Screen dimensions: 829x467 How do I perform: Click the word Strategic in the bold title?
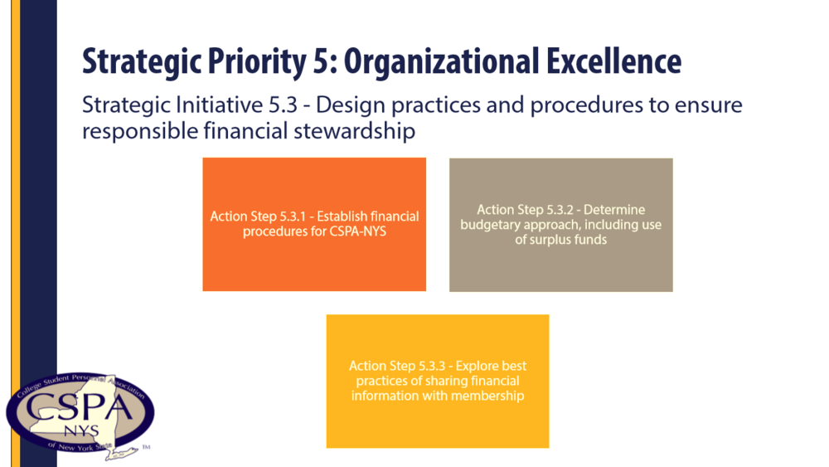[x=142, y=62]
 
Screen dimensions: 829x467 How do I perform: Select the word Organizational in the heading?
[x=442, y=62]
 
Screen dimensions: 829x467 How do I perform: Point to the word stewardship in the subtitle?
[x=354, y=130]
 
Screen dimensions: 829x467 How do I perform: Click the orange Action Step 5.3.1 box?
[x=314, y=224]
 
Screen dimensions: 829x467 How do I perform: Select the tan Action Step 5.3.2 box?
[x=561, y=225]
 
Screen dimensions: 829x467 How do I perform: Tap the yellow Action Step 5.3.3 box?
[x=438, y=382]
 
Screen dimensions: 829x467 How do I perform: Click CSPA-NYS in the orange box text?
[x=358, y=231]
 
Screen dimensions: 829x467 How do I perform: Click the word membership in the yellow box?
[x=492, y=396]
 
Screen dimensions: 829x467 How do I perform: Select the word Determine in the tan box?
[x=614, y=209]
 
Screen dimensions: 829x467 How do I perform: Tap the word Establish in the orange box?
[x=342, y=216]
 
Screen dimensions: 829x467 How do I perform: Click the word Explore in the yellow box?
[x=477, y=366]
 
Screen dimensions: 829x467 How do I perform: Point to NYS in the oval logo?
[x=81, y=431]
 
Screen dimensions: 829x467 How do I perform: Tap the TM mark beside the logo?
[x=147, y=447]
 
